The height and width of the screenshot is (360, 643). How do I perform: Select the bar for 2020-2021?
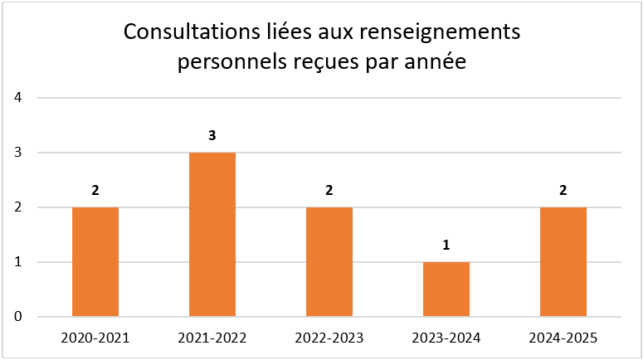click(x=95, y=261)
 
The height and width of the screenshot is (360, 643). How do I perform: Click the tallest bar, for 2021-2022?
click(x=212, y=234)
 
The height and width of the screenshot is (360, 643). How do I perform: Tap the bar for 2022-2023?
click(x=329, y=261)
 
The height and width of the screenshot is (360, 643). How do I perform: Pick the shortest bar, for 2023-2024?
click(x=446, y=289)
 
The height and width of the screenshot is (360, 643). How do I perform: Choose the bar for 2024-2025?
click(x=563, y=261)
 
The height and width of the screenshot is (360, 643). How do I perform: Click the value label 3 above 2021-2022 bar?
click(x=212, y=135)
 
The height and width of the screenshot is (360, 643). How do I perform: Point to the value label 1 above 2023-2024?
click(x=446, y=245)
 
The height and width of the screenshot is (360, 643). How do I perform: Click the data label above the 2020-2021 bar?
click(x=95, y=190)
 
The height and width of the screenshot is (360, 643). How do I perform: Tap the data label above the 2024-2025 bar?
click(x=563, y=190)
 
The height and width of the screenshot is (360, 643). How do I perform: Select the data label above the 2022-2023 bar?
click(x=329, y=190)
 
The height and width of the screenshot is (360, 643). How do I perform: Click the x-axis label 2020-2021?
click(x=95, y=338)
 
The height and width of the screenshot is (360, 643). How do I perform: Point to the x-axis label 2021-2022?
click(x=212, y=338)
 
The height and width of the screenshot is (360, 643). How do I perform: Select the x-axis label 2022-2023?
click(x=329, y=338)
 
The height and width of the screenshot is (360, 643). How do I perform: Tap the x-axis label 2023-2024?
click(x=446, y=338)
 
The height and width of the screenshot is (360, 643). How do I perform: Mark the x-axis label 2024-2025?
click(x=563, y=338)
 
